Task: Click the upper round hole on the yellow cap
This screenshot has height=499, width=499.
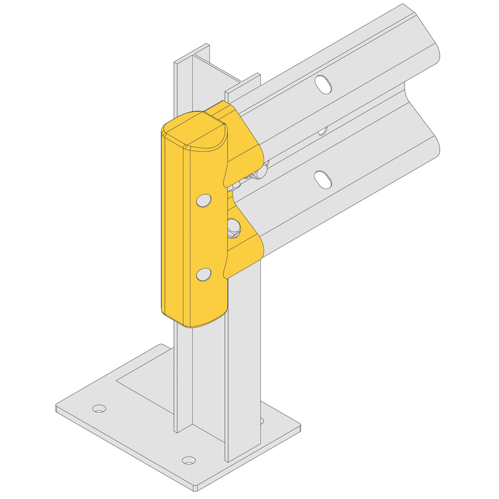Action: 204,200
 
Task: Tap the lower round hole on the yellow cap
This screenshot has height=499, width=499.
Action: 204,274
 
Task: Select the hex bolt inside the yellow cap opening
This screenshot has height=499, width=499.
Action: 233,227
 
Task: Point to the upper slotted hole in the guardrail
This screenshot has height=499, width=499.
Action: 324,84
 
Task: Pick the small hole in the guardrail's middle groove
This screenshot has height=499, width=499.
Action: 323,131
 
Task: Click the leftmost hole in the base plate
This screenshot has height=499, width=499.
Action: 99,409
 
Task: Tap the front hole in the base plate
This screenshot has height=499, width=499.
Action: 189,460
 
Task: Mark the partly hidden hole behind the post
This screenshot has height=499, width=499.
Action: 261,420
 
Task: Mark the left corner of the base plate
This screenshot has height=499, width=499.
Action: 57,407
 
